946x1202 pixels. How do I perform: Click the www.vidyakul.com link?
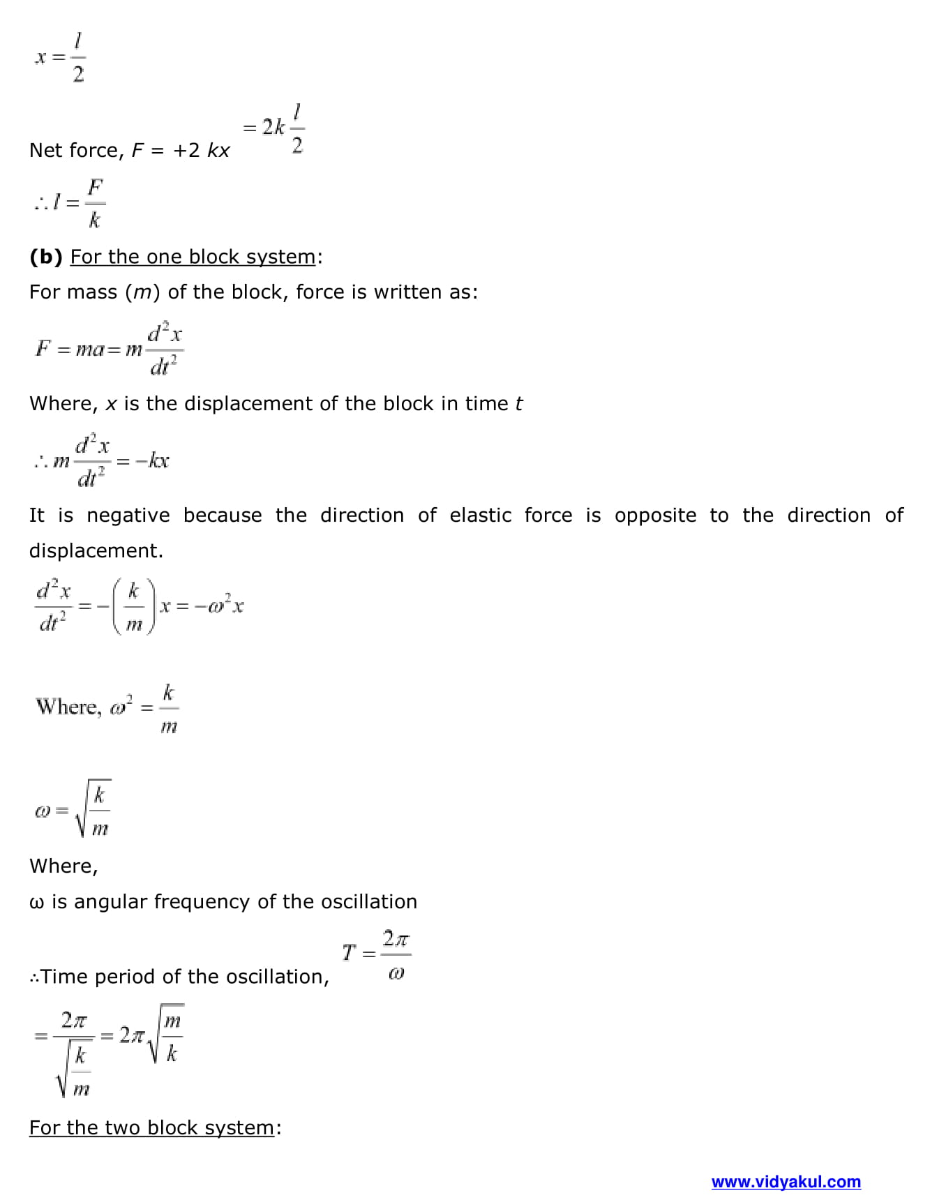[x=786, y=1182]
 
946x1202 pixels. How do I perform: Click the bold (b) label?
[x=46, y=257]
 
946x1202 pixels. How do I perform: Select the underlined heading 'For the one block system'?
[x=193, y=257]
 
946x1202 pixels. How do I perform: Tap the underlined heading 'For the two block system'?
[x=151, y=1127]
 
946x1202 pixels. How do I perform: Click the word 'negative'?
[x=128, y=516]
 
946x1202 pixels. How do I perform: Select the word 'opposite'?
[x=655, y=516]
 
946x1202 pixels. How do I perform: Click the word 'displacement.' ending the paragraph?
[x=96, y=551]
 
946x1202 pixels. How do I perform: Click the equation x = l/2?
[x=61, y=57]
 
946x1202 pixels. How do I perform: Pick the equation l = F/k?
[x=70, y=203]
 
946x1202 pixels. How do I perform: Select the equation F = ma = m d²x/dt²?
[x=110, y=348]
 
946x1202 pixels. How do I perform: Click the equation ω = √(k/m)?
[x=73, y=809]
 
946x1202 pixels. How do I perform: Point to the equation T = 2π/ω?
[x=377, y=954]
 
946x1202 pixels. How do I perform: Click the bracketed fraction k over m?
[x=134, y=606]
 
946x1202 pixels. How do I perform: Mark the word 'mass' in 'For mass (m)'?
[x=95, y=292]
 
